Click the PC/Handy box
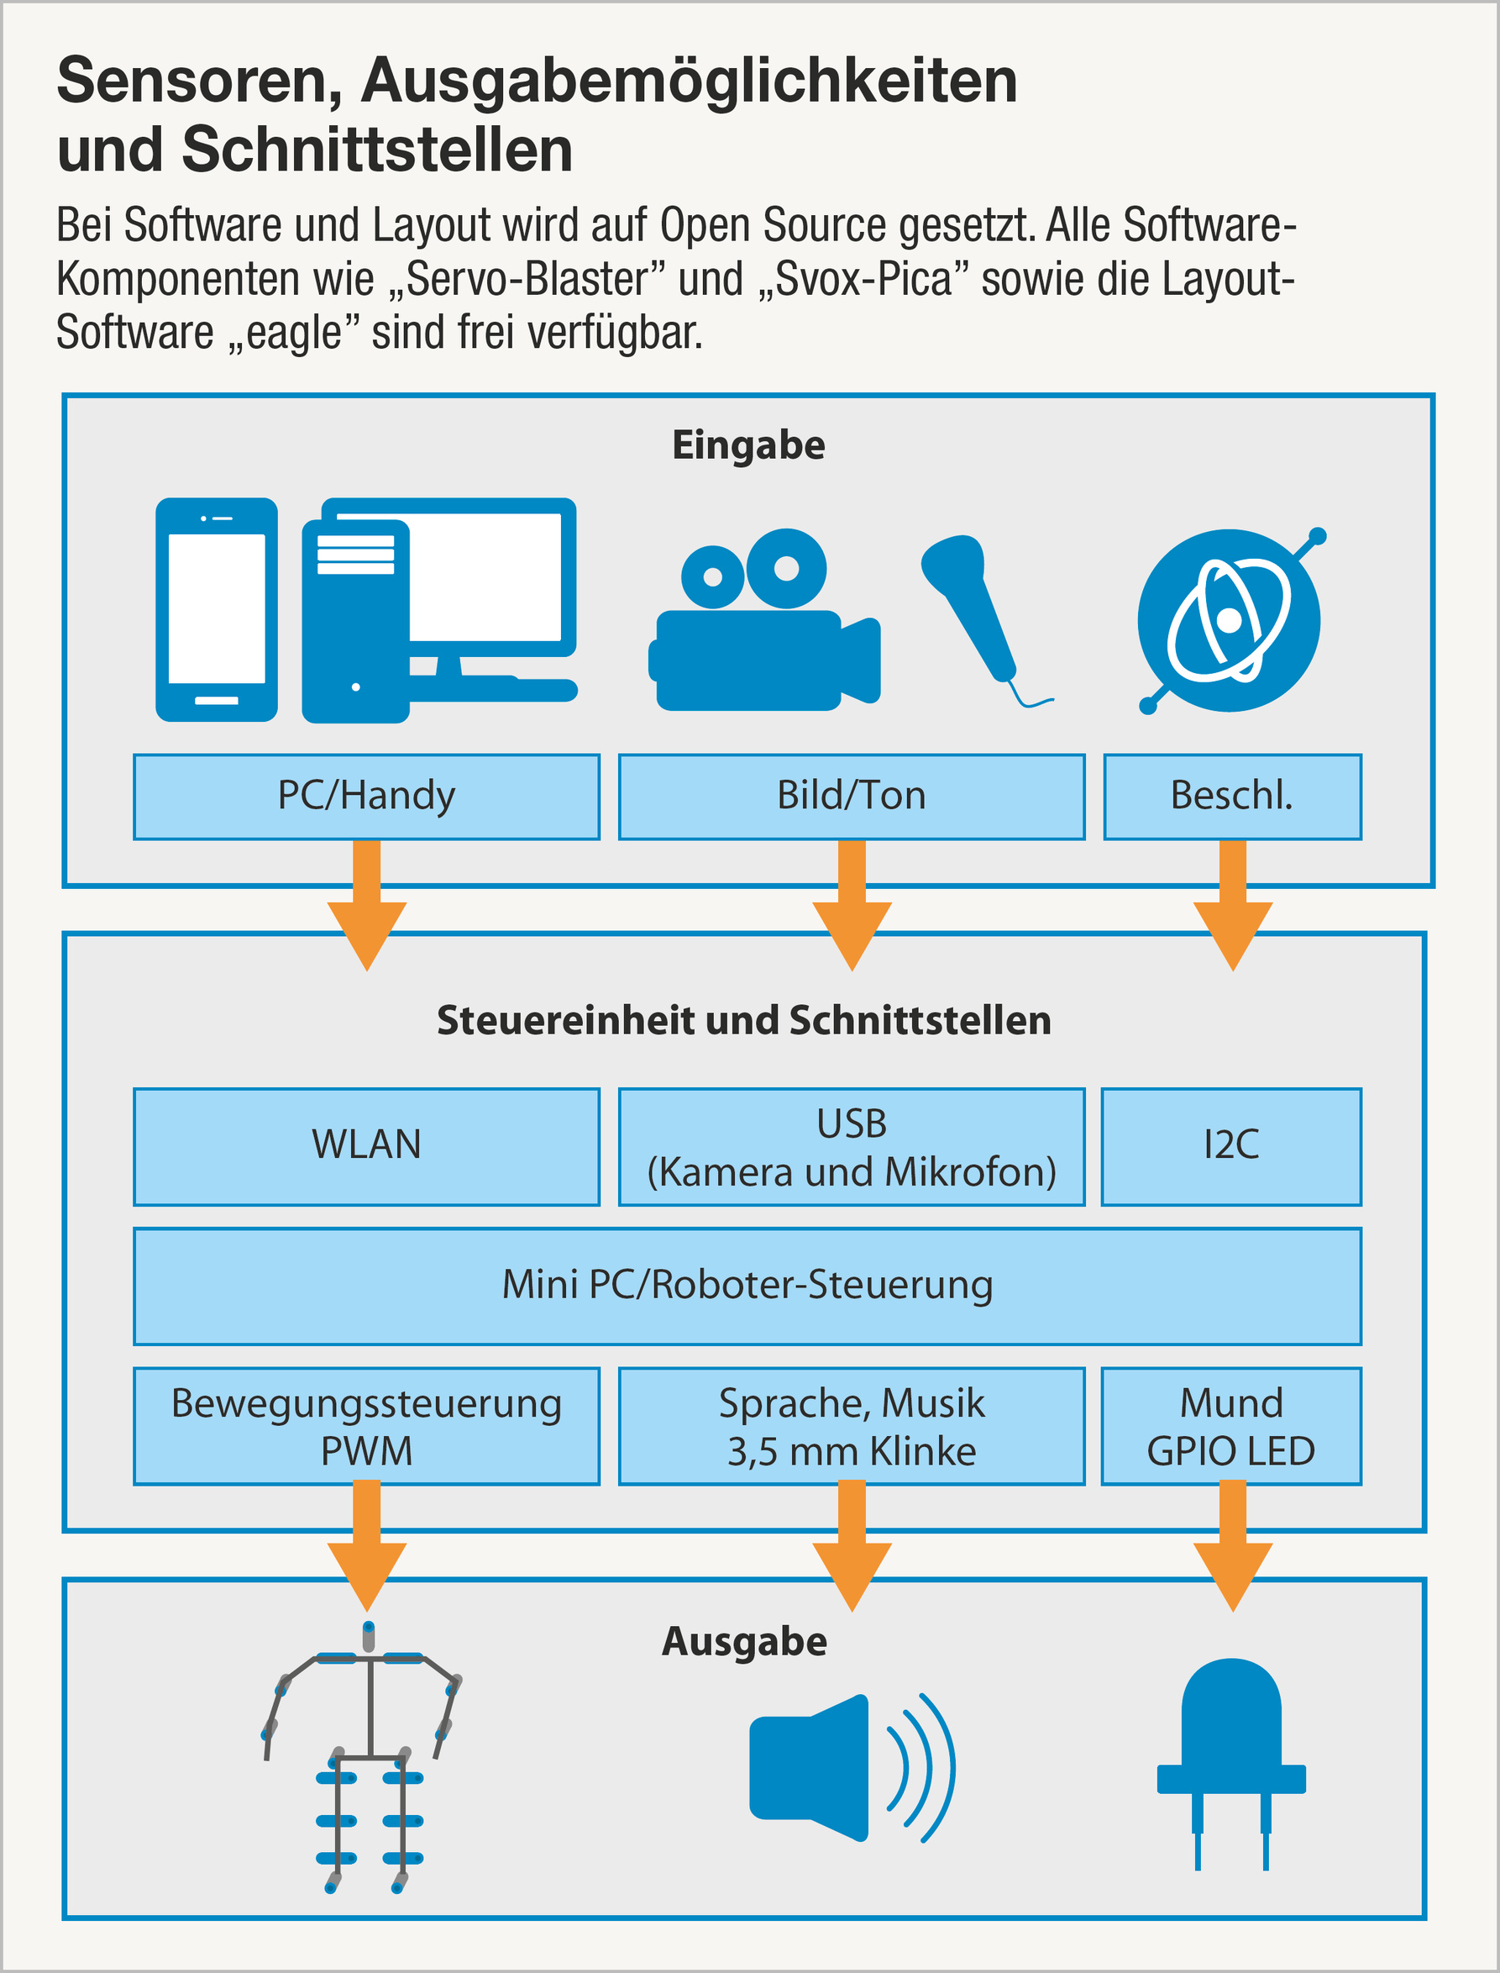[x=366, y=796]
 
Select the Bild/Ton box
[x=851, y=796]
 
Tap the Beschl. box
[x=1232, y=796]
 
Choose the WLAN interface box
[x=366, y=1146]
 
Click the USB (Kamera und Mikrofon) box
[x=851, y=1146]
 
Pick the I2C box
[x=1231, y=1146]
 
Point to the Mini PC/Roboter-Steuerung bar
[x=747, y=1286]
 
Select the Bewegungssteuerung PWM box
[x=366, y=1425]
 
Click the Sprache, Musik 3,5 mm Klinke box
[x=851, y=1425]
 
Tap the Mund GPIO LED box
[x=1231, y=1425]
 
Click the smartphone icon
[x=216, y=609]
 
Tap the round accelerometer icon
[x=1229, y=621]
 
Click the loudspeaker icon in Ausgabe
[x=848, y=1768]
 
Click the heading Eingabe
[x=748, y=445]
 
